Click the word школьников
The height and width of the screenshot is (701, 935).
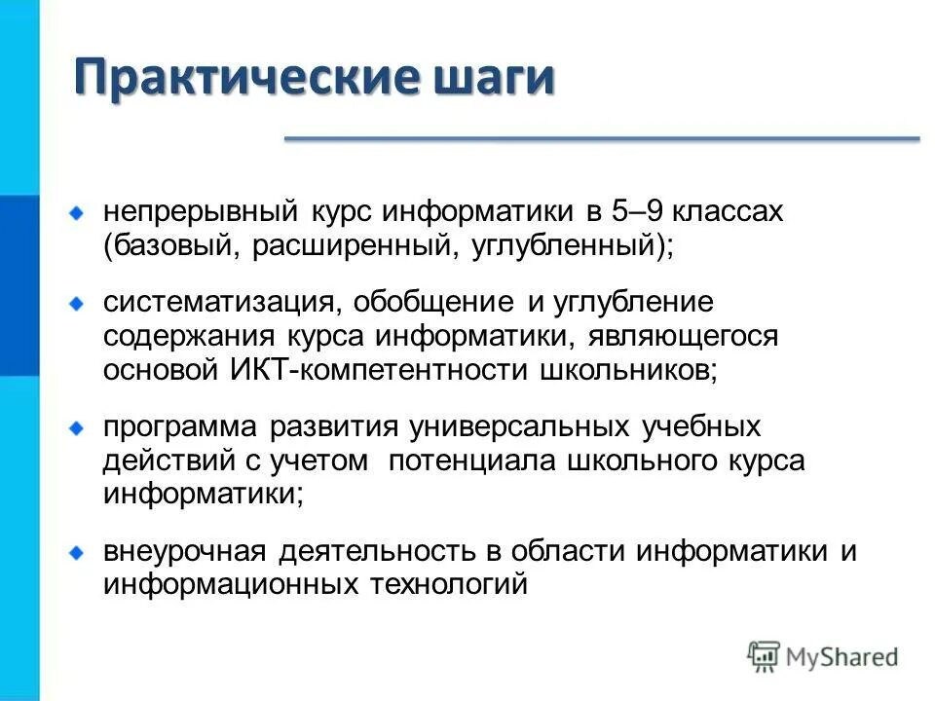[x=629, y=370]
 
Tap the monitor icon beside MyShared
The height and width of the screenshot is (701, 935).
[x=765, y=656]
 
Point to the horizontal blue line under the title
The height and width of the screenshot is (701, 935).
[x=601, y=139]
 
